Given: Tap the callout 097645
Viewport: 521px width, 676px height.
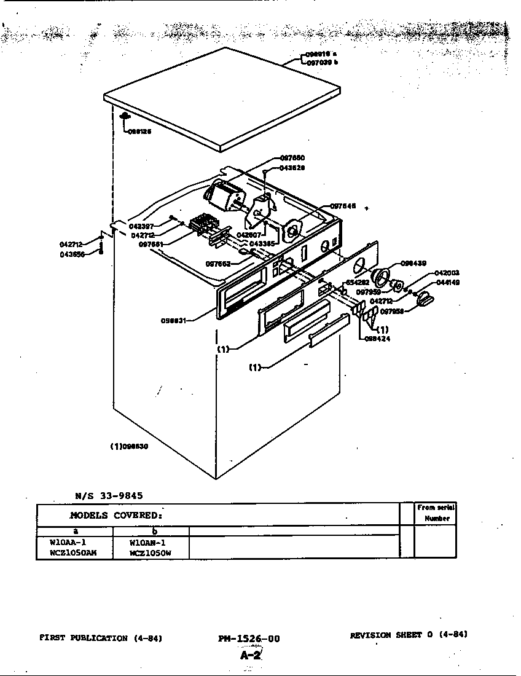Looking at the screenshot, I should [x=343, y=206].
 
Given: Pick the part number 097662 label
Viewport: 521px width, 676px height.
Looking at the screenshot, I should [x=218, y=264].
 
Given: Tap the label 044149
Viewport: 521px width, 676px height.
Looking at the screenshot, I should [x=447, y=282].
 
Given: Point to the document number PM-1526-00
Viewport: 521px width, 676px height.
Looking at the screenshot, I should [x=248, y=639].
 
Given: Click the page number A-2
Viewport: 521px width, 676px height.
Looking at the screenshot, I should [x=251, y=655].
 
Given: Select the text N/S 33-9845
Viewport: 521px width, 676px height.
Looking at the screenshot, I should [x=109, y=495].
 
